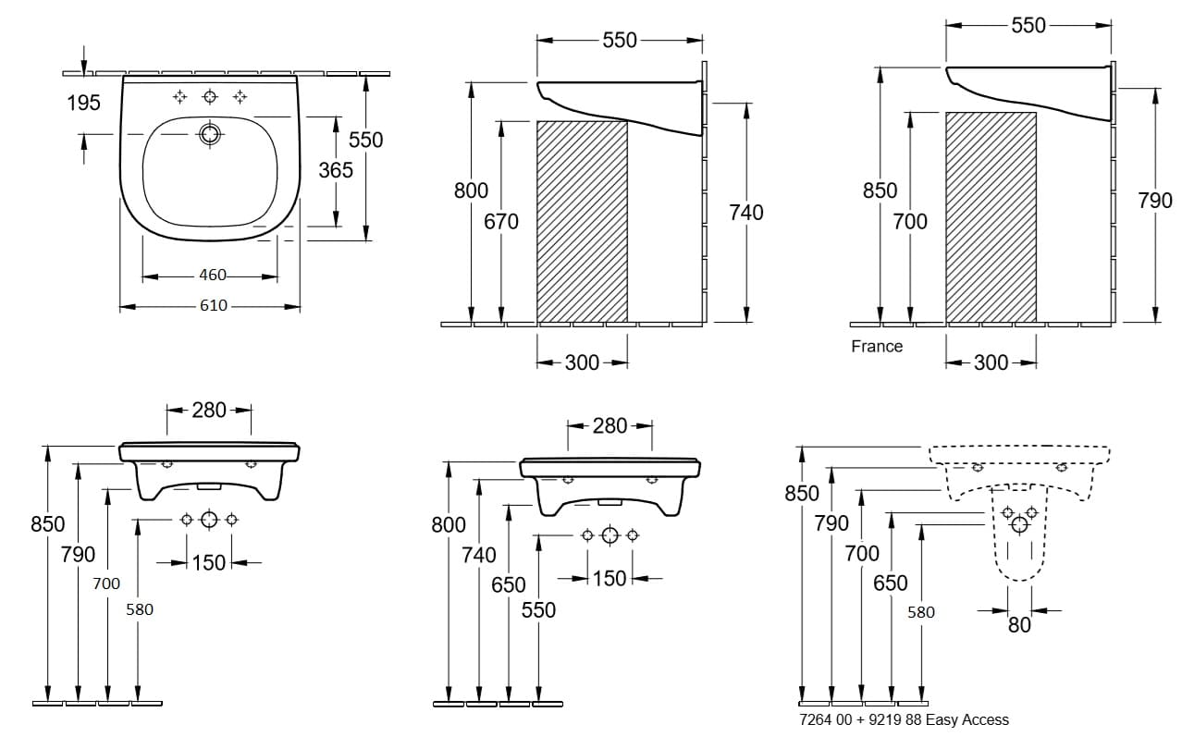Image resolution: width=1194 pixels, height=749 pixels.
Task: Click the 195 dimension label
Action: pyautogui.click(x=83, y=103)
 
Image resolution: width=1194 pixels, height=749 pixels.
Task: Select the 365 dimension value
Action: pyautogui.click(x=336, y=170)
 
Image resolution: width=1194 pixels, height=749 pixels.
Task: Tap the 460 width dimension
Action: pyautogui.click(x=213, y=275)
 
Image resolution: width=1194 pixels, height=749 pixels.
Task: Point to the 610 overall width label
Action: pyautogui.click(x=213, y=305)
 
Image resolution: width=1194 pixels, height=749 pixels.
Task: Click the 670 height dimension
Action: pyautogui.click(x=501, y=222)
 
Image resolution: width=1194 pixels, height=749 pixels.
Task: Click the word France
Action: pyautogui.click(x=877, y=347)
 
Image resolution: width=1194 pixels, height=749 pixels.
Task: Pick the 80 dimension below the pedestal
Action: pyautogui.click(x=1019, y=625)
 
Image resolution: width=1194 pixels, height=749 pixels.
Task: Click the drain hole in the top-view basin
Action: pyautogui.click(x=211, y=135)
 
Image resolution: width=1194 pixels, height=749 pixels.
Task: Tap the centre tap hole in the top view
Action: pyautogui.click(x=211, y=96)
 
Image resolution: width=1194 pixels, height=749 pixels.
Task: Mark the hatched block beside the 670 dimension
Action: pyautogui.click(x=582, y=222)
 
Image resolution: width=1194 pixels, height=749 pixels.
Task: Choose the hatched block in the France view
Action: pyautogui.click(x=991, y=217)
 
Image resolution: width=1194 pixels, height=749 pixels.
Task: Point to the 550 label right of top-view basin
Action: pyautogui.click(x=365, y=140)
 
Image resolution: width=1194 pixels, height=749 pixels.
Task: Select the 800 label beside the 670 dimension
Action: pyautogui.click(x=471, y=190)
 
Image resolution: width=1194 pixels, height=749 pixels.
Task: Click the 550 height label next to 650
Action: pyautogui.click(x=538, y=610)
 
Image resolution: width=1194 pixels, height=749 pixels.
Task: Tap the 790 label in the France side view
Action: pyautogui.click(x=1155, y=201)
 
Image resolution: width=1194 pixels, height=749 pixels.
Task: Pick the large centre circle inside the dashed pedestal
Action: pyautogui.click(x=1019, y=525)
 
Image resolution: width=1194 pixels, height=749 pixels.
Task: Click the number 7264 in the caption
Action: pyautogui.click(x=814, y=719)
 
